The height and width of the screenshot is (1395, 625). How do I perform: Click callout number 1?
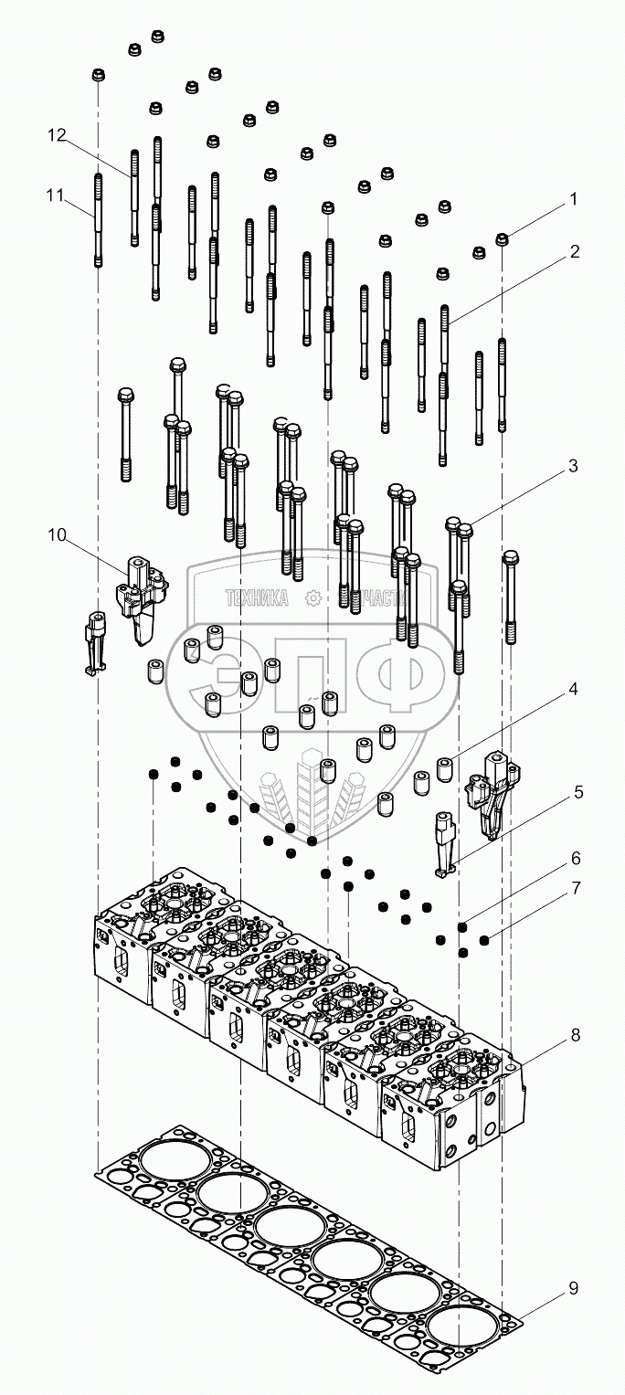(574, 198)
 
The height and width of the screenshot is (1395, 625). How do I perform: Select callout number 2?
(574, 251)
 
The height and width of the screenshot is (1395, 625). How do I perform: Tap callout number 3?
(573, 466)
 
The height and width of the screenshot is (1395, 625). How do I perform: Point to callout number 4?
(573, 690)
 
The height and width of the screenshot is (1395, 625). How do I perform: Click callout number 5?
(577, 792)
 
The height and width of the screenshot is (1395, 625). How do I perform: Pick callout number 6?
(573, 859)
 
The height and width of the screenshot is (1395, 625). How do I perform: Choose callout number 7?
(573, 887)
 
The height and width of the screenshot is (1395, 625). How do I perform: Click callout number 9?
(573, 1288)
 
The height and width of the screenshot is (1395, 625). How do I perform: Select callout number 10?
(57, 534)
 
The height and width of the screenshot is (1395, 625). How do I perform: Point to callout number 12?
(57, 135)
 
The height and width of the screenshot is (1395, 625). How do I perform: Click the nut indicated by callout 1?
(502, 239)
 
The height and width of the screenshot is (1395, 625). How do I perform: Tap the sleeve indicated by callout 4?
(445, 769)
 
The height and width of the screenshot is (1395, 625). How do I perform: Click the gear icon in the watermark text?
(313, 597)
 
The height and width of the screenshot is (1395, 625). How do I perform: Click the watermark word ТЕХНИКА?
(257, 598)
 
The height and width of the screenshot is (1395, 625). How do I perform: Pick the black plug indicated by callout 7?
(484, 938)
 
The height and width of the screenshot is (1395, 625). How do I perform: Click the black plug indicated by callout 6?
(463, 927)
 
